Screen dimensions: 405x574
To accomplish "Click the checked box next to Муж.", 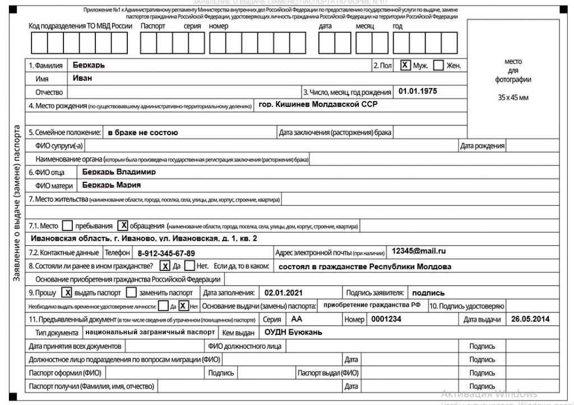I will coord(405,65).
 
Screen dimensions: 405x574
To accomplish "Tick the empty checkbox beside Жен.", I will coord(438,65).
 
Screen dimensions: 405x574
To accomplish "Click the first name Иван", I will coord(82,79).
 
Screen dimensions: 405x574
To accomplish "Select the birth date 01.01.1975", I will coord(418,91).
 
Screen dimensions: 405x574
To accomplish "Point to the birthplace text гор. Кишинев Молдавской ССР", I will coord(318,104).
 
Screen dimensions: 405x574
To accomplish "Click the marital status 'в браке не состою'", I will coord(142,132).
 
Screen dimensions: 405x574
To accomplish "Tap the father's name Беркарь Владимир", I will coord(119,172).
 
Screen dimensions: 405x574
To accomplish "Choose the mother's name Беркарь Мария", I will coord(111,185).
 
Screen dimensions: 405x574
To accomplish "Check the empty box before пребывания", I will coord(67,226).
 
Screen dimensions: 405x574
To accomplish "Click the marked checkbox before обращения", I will coord(122,226).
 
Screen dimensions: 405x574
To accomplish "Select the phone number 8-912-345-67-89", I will coord(166,253).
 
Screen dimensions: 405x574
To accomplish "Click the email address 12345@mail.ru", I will coord(419,251).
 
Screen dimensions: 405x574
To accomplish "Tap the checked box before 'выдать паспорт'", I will coord(67,292).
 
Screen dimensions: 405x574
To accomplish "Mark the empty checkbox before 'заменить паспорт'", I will coord(131,292).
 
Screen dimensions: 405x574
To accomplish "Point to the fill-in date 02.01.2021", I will coord(283,292).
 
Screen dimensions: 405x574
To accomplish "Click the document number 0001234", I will coord(386,319).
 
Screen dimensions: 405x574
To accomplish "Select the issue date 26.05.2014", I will coord(530,319).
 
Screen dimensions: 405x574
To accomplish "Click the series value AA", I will coord(296,319).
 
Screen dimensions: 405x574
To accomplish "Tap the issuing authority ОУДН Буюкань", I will coord(293,332).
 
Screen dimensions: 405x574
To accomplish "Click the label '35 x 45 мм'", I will coord(513,98).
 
